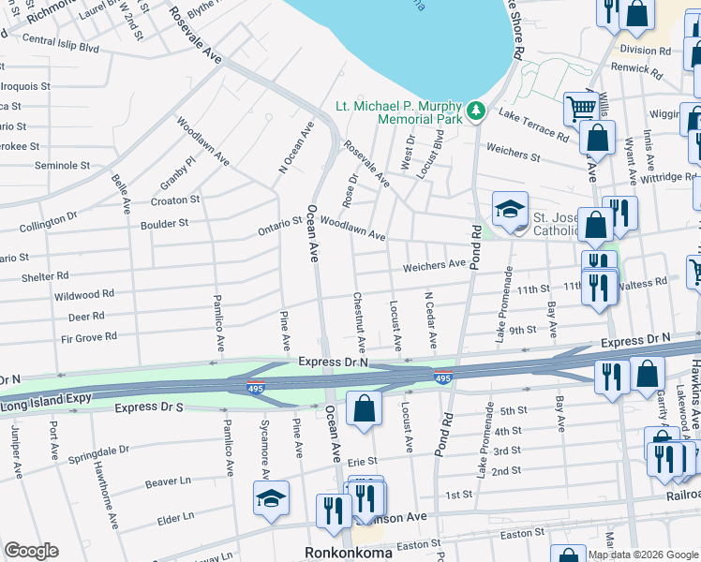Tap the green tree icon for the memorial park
[x=477, y=111]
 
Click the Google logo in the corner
[x=31, y=551]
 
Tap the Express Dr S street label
[x=149, y=408]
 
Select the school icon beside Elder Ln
[x=271, y=498]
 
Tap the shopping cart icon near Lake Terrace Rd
[x=580, y=108]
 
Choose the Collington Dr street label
[x=48, y=222]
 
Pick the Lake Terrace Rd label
[x=533, y=126]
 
